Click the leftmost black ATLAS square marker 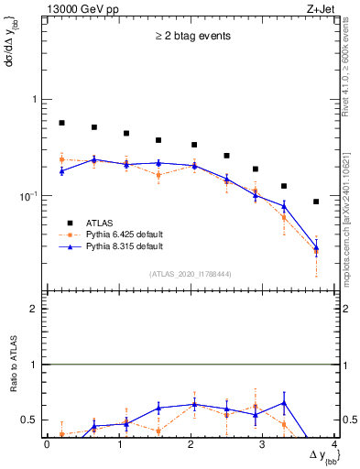coord(61,123)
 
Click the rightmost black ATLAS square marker coord(316,202)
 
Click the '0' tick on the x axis coord(47,444)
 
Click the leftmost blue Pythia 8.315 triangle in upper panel coord(61,171)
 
